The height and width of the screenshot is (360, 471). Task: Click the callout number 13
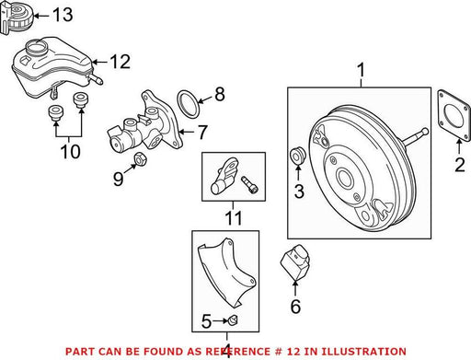63,15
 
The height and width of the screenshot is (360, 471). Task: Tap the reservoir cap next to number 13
17,16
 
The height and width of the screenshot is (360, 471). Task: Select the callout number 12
121,62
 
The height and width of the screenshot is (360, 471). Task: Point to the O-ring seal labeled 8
188,104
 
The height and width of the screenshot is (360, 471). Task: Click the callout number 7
201,133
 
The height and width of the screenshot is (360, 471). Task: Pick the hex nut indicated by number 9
140,159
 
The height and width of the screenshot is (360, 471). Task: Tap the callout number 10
71,151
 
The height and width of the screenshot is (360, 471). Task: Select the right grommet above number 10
81,100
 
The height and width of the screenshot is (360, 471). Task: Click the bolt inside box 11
249,184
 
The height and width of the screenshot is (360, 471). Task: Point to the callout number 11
234,218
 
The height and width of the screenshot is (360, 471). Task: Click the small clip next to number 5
234,320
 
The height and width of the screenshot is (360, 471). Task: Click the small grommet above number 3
297,156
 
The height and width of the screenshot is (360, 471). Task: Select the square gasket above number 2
454,115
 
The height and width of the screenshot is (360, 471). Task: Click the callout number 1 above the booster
362,70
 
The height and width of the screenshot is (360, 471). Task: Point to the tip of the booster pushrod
425,131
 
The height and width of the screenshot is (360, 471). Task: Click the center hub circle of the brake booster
346,177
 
